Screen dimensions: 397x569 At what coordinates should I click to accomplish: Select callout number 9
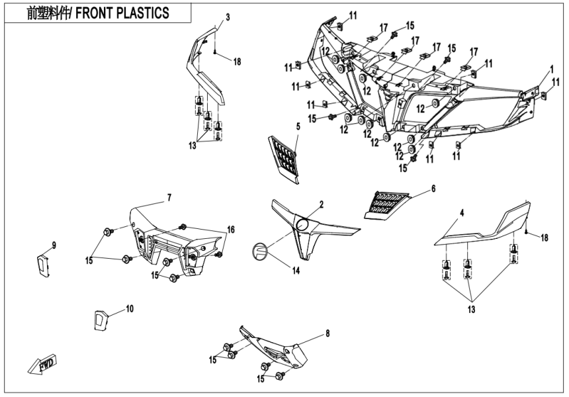[x=54, y=245]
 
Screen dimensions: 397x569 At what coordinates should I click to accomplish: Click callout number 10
[x=130, y=308]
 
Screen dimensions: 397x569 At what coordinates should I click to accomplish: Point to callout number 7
[x=169, y=197]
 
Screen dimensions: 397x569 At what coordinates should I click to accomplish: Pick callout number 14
[x=296, y=271]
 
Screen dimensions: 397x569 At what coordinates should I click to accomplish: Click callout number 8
[x=328, y=333]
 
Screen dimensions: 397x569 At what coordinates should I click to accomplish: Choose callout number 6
[x=433, y=188]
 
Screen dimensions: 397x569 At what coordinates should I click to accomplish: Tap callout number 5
[x=298, y=126]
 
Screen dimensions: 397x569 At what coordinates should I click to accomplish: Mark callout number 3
[x=227, y=17]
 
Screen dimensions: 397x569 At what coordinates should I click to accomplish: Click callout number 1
[x=550, y=68]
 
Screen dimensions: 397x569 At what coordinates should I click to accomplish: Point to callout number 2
[x=321, y=205]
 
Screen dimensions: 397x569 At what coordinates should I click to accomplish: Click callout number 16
[x=231, y=229]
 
